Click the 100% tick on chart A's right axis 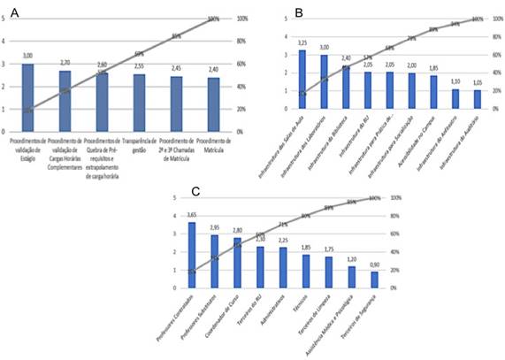(x=236, y=18)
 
